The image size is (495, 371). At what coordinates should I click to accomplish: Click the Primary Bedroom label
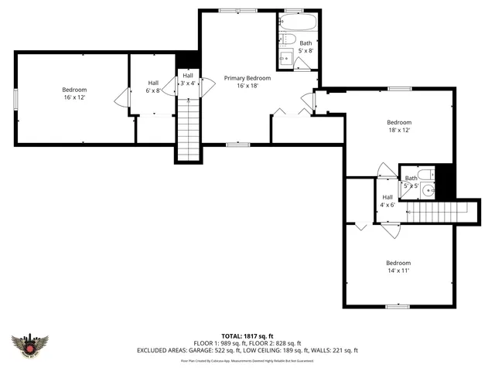247,78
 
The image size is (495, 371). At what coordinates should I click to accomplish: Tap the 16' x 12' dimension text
74,98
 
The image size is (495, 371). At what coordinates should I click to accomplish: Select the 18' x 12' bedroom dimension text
399,131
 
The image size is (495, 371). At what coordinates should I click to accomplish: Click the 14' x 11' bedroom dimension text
398,271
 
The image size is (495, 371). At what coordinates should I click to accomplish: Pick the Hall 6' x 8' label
153,87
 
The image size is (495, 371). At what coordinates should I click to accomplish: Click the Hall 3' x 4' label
188,79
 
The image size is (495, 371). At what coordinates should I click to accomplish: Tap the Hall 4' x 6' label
387,201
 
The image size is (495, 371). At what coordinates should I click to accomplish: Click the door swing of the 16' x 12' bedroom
121,97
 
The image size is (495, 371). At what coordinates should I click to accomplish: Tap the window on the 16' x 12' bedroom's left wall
15,98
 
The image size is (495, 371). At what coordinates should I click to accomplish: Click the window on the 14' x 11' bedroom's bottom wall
398,307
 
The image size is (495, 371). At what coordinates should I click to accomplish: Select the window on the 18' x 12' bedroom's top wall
399,89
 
